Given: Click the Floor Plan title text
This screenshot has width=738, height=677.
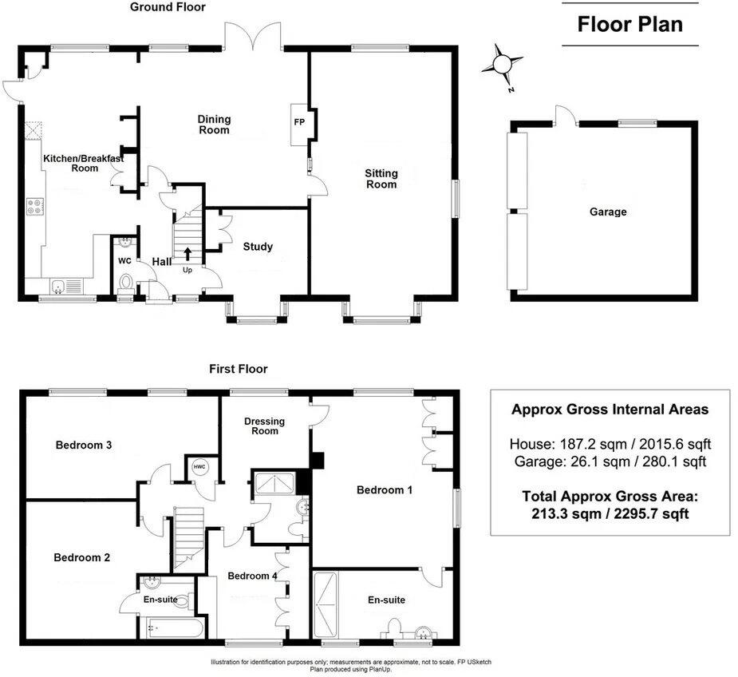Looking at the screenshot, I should point(629,24).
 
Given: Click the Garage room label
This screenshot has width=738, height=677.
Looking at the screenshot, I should point(608,212).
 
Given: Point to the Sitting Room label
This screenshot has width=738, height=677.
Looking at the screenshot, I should point(381,179).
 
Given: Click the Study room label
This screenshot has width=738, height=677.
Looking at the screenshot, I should point(258,247).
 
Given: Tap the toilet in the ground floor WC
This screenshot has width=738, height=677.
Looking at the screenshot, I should point(125,281).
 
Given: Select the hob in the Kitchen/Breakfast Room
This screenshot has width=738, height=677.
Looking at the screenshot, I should point(36,207).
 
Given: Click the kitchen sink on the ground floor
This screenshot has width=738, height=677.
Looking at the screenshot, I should point(60,284).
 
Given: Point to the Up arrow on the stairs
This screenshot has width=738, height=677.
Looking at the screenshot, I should point(188,255).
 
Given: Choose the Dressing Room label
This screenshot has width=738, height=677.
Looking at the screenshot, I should point(265,426).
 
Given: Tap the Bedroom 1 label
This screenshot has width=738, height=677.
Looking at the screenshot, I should point(384,489).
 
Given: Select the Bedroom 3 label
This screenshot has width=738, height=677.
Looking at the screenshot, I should point(83,445).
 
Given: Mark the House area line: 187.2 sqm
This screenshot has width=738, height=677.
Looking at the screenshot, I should point(610,444).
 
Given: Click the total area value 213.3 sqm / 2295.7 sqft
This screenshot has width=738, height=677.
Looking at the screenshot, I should point(610,514).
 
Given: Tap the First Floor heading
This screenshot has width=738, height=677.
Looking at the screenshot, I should point(238,369).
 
